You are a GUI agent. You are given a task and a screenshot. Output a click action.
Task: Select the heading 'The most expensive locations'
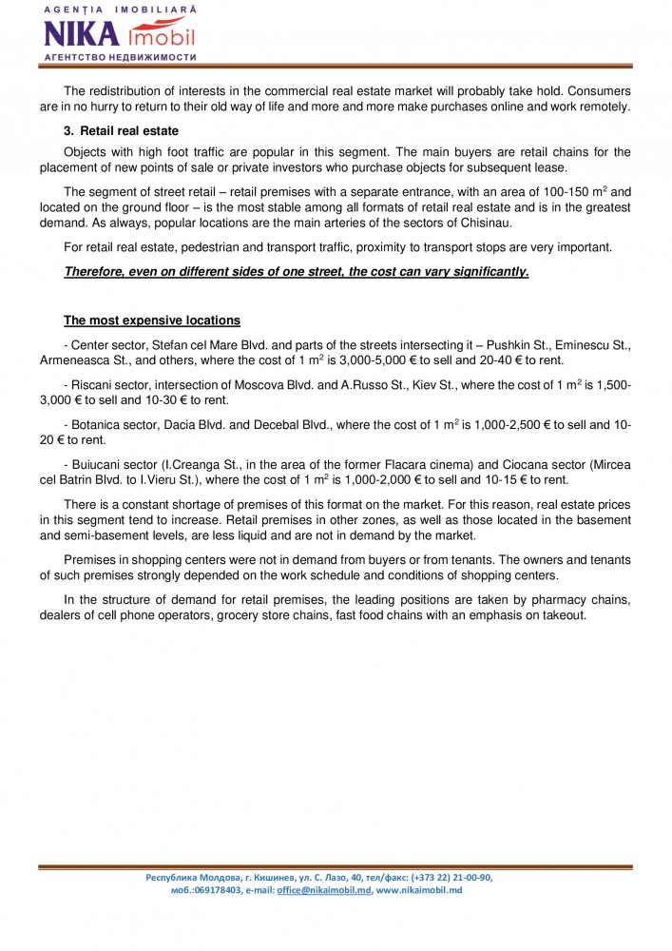tap(152, 320)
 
